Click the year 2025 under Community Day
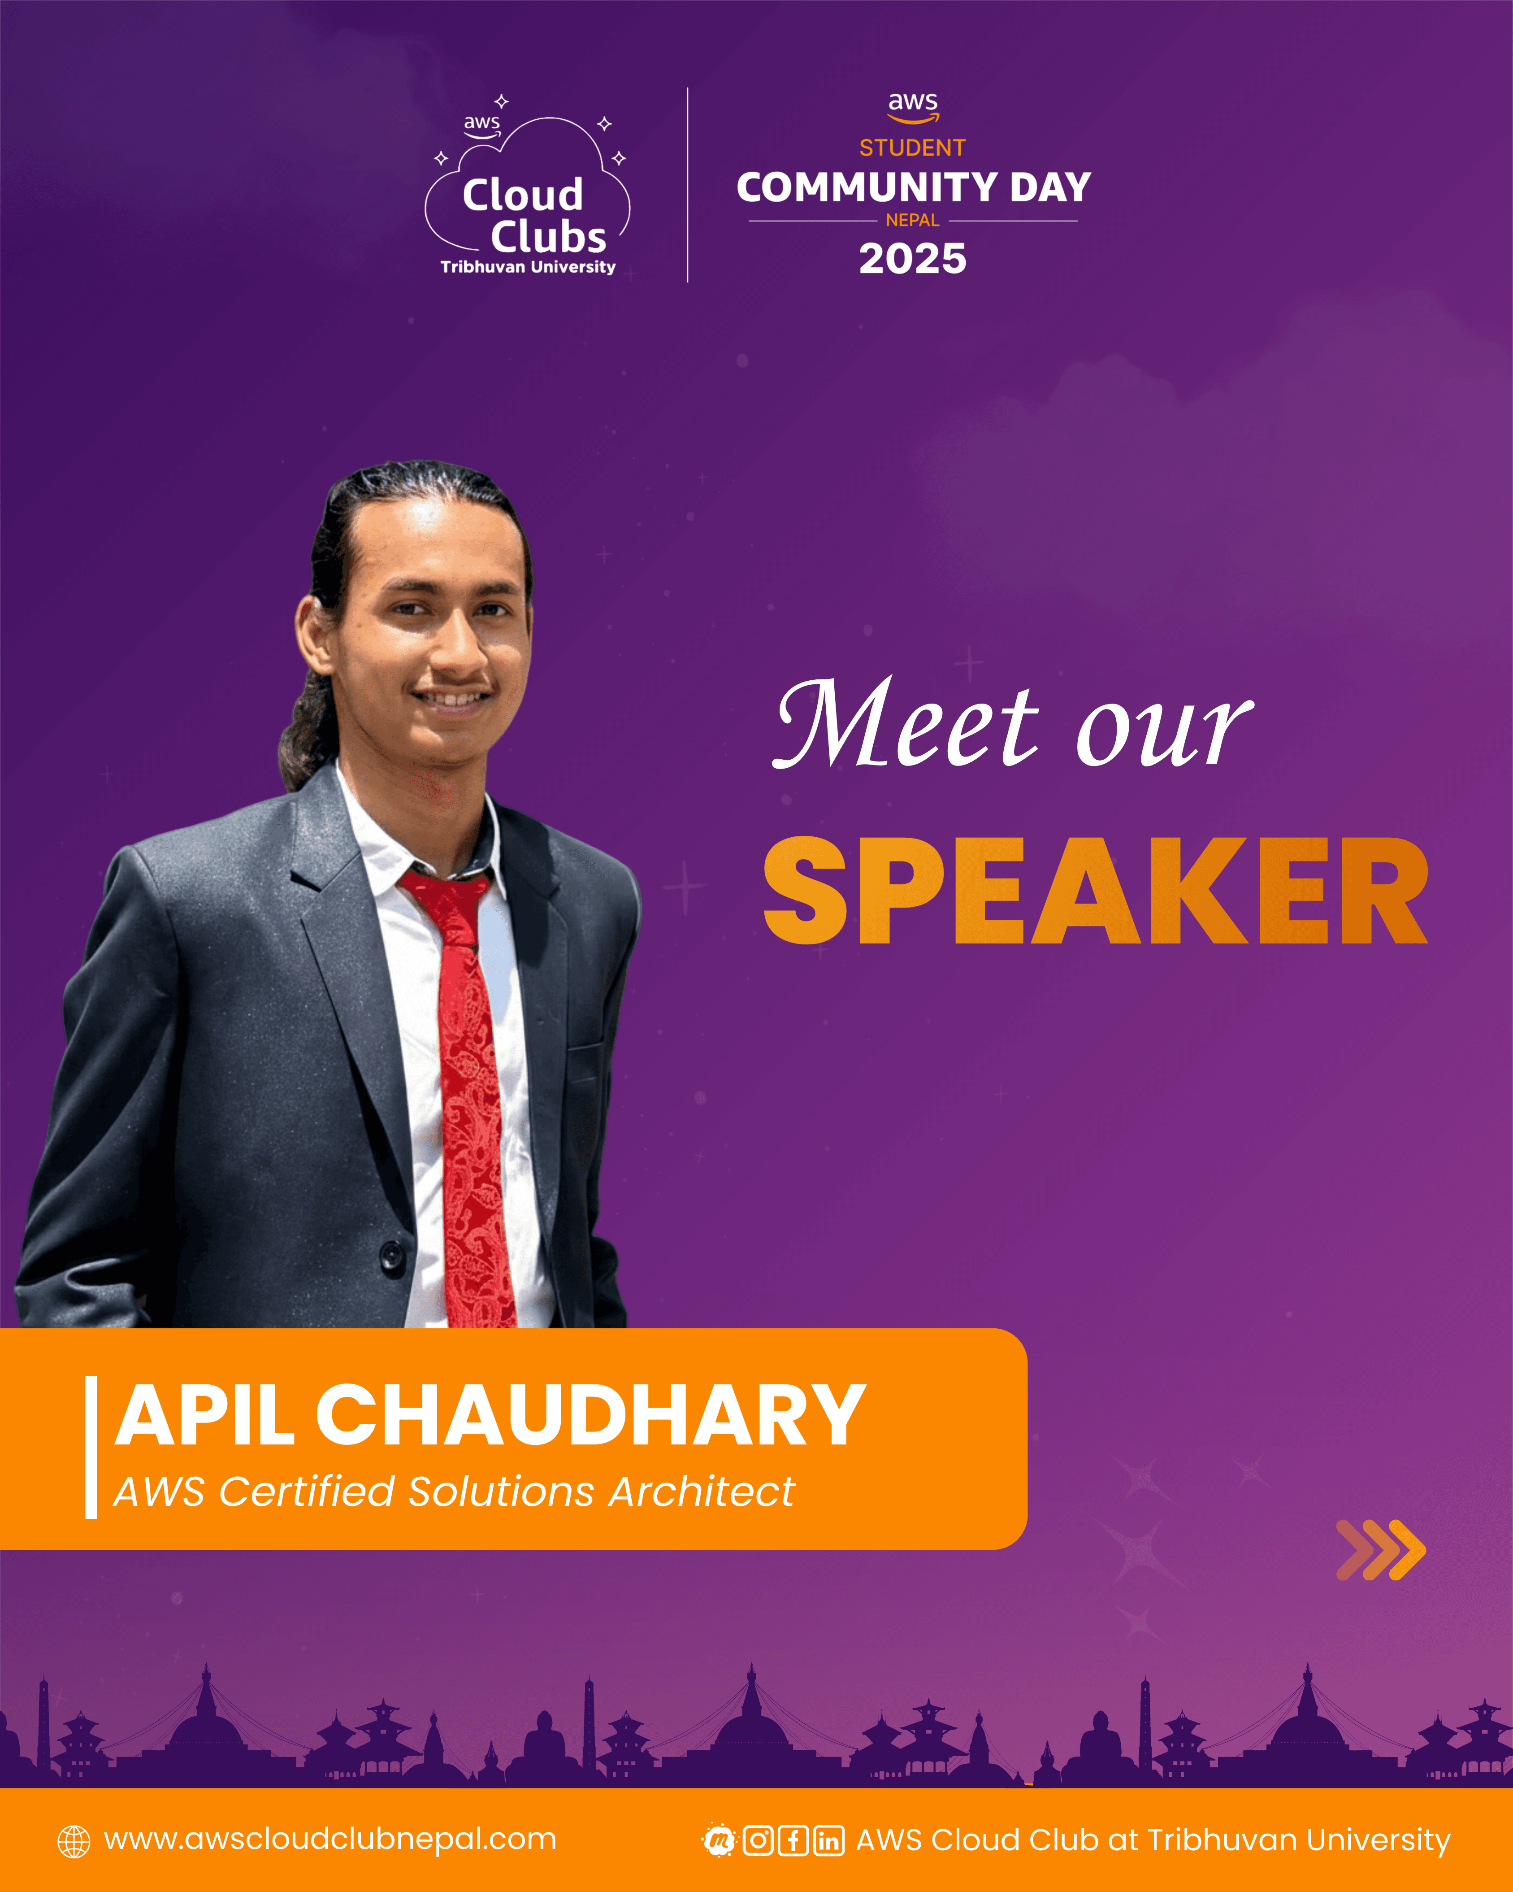click(x=912, y=259)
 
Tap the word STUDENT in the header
click(x=912, y=148)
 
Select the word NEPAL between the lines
click(x=912, y=220)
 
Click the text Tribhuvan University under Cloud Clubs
click(x=528, y=267)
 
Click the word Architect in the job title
click(x=702, y=1492)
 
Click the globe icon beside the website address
click(x=74, y=1841)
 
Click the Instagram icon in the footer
click(x=758, y=1840)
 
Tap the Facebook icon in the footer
click(x=793, y=1840)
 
